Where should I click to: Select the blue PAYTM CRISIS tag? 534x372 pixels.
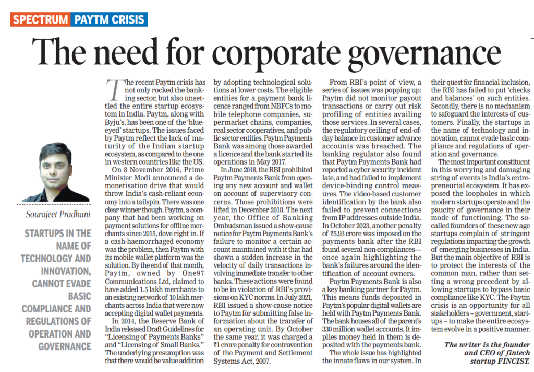(x=109, y=20)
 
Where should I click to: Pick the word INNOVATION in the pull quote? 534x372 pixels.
(x=63, y=271)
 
